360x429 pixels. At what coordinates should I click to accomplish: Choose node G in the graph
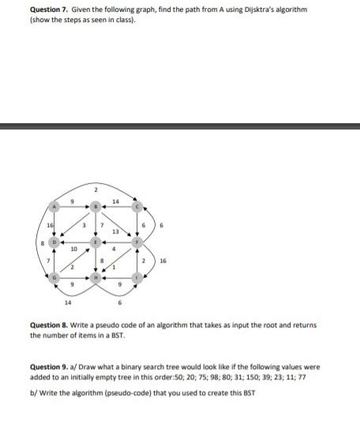click(x=54, y=278)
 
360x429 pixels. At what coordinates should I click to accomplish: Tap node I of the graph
click(x=136, y=278)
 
